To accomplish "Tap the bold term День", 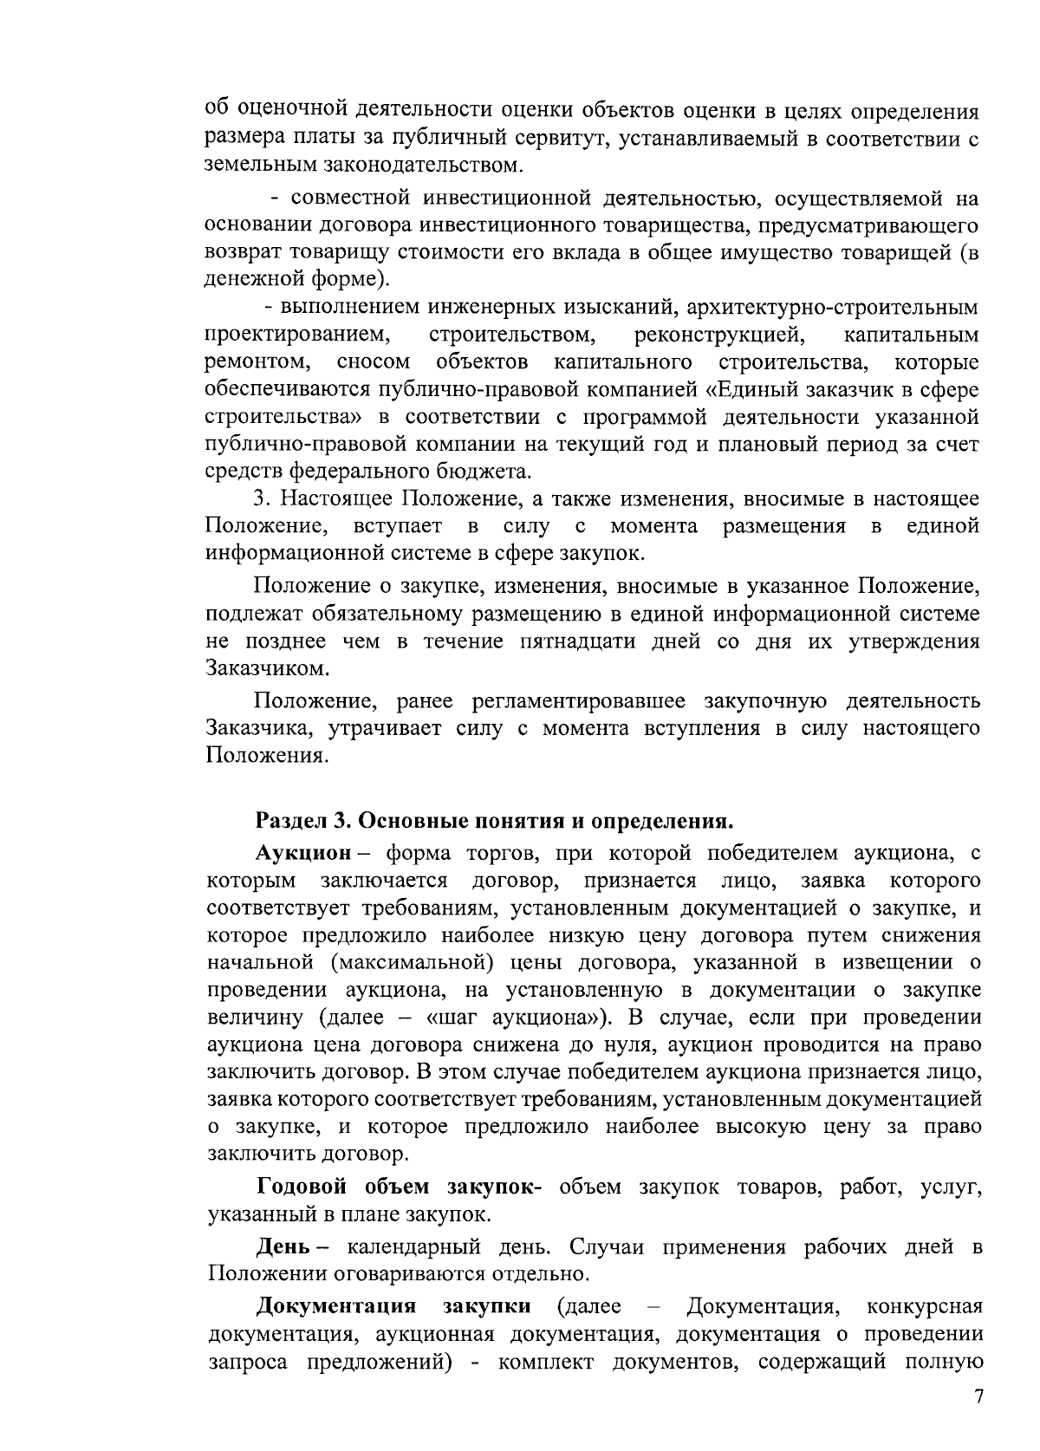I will [279, 1247].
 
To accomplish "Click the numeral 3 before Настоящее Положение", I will [257, 498].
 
